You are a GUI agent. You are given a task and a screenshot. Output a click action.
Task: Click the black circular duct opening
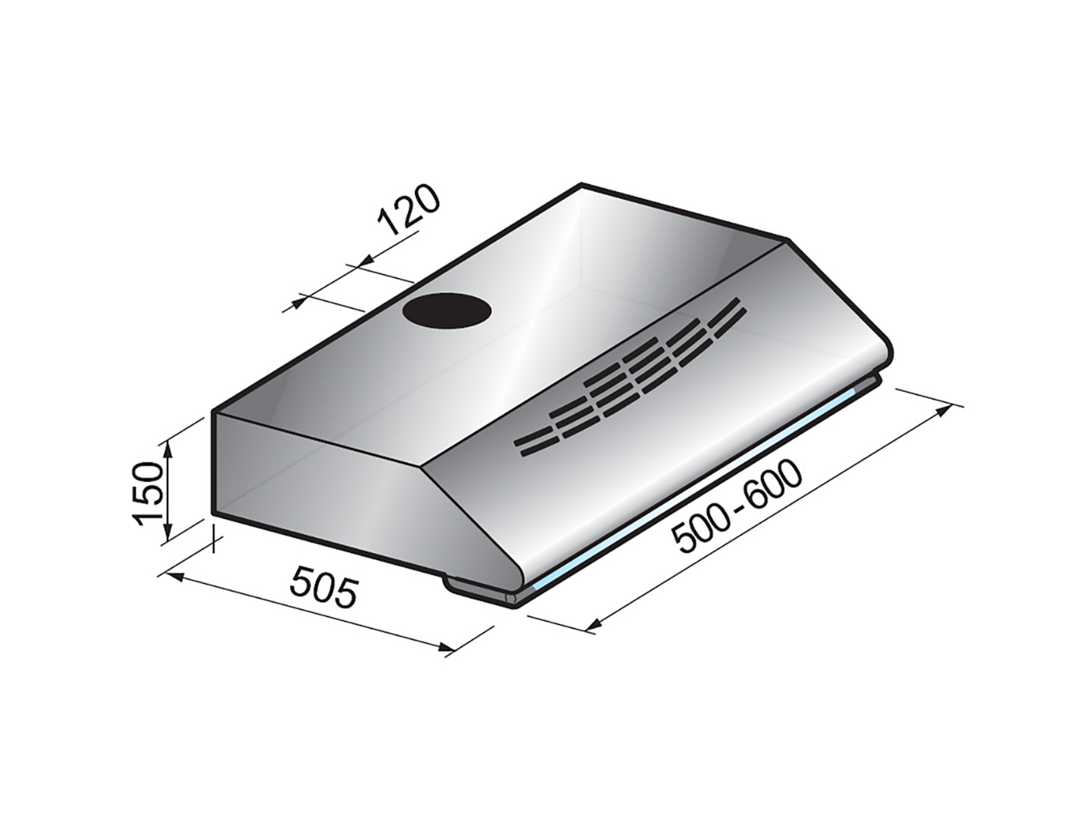click(447, 311)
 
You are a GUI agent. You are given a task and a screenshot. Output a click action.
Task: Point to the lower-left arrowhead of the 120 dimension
click(295, 304)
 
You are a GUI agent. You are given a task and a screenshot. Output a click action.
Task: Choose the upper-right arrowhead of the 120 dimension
click(363, 261)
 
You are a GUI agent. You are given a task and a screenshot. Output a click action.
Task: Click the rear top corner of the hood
click(581, 184)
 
